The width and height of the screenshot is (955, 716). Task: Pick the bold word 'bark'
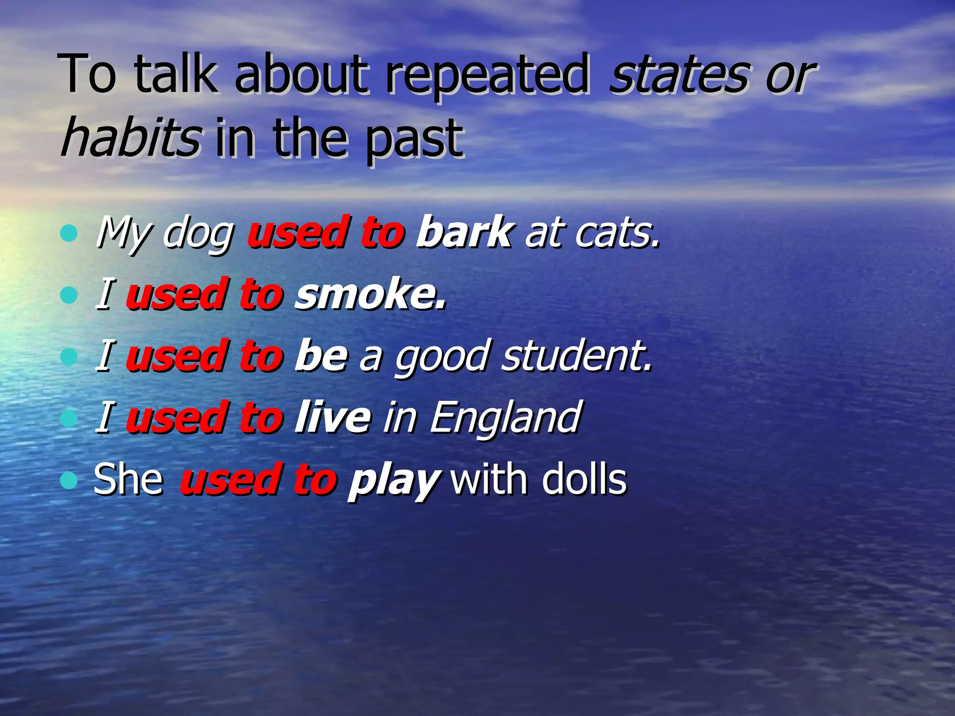point(464,232)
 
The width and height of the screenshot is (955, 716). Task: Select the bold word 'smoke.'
point(370,294)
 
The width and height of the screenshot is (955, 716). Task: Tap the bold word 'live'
point(333,417)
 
